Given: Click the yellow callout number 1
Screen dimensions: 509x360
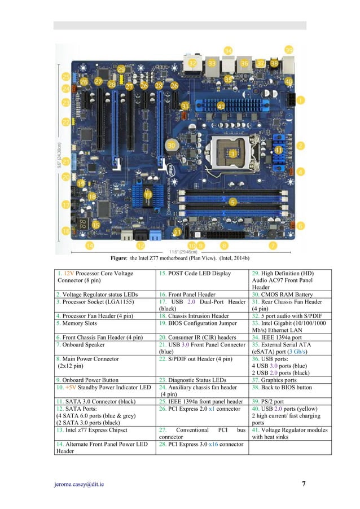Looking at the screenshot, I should click(x=300, y=100).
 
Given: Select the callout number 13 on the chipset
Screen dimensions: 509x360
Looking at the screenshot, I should click(x=148, y=194).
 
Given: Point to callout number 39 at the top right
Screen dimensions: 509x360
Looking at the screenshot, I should click(x=289, y=50).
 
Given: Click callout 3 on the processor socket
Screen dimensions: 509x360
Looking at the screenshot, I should click(x=232, y=153).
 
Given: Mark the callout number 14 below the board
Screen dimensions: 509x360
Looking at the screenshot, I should click(x=90, y=245).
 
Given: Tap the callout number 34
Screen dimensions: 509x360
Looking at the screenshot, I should click(x=228, y=51).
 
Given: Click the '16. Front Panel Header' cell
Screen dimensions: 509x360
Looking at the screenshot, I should click(x=186, y=294).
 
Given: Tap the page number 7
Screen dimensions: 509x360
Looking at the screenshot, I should click(x=304, y=484).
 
